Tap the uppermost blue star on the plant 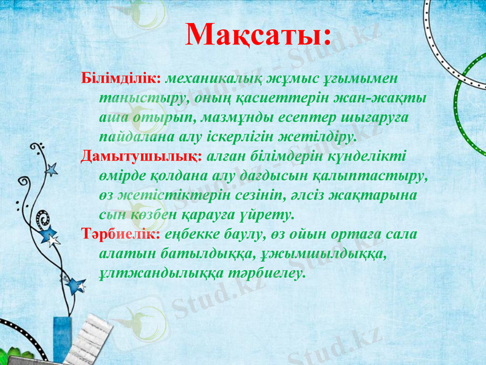(x=51, y=169)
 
